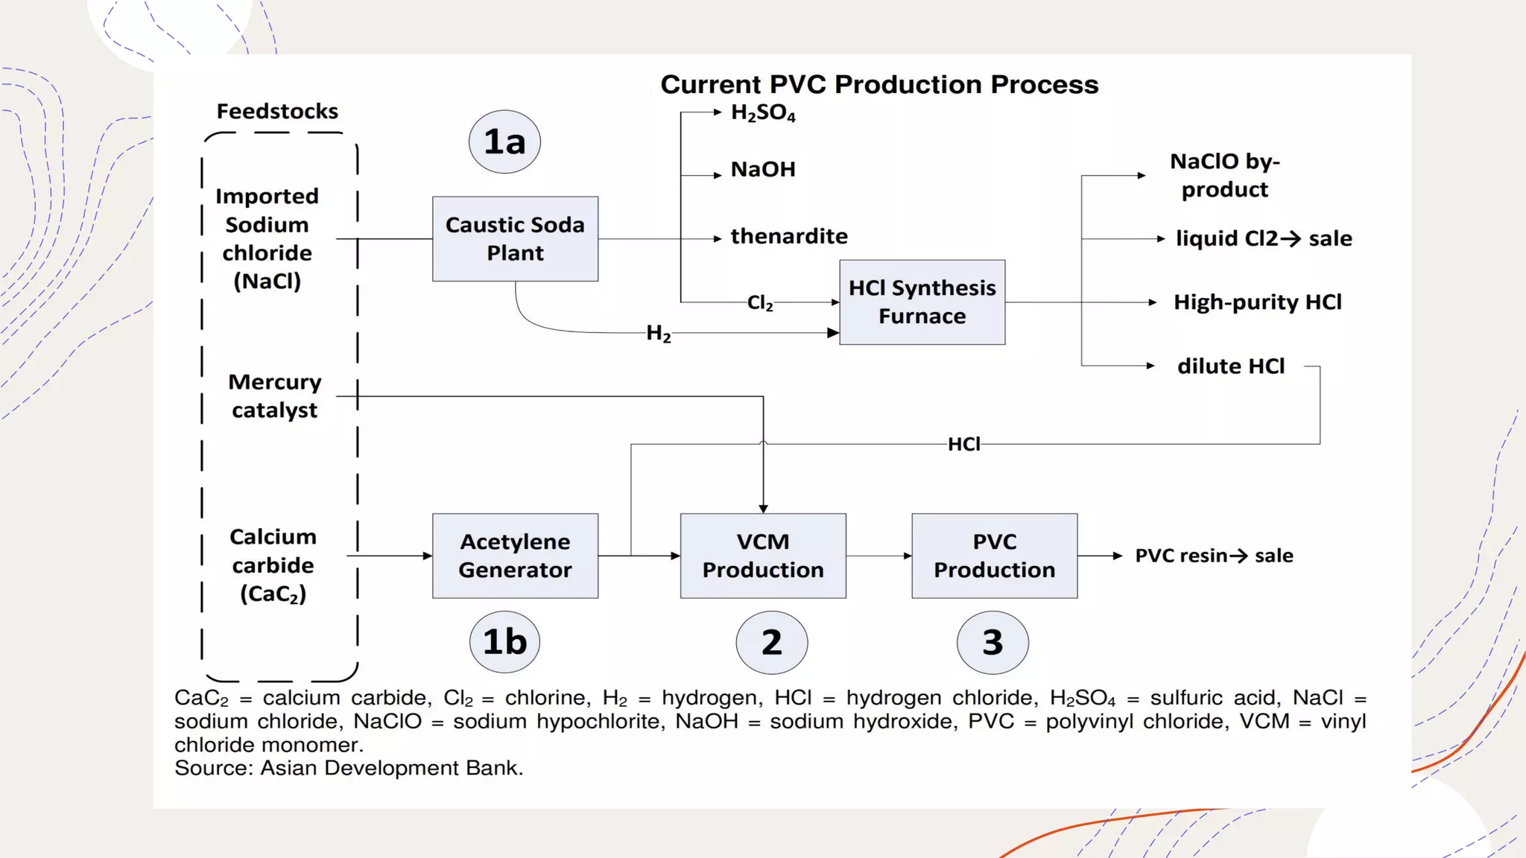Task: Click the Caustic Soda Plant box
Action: [x=515, y=239]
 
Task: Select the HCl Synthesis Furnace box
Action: [x=922, y=302]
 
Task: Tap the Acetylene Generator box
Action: [x=515, y=556]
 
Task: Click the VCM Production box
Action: [x=762, y=556]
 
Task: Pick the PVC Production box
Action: [x=994, y=556]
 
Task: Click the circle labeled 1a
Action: [x=504, y=142]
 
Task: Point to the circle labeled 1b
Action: [x=504, y=642]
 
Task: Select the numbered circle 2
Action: [x=771, y=642]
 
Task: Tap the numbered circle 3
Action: [x=992, y=642]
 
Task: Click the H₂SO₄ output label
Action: [x=762, y=113]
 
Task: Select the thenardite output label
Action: [x=788, y=237]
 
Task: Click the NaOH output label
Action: [x=762, y=170]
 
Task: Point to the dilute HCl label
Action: [x=1231, y=366]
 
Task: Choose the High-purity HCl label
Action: [x=1257, y=302]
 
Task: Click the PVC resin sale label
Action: [x=1213, y=556]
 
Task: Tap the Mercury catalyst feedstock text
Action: [x=274, y=396]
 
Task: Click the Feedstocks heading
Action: [x=277, y=112]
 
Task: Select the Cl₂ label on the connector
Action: [x=759, y=302]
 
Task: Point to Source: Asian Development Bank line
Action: [x=349, y=768]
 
